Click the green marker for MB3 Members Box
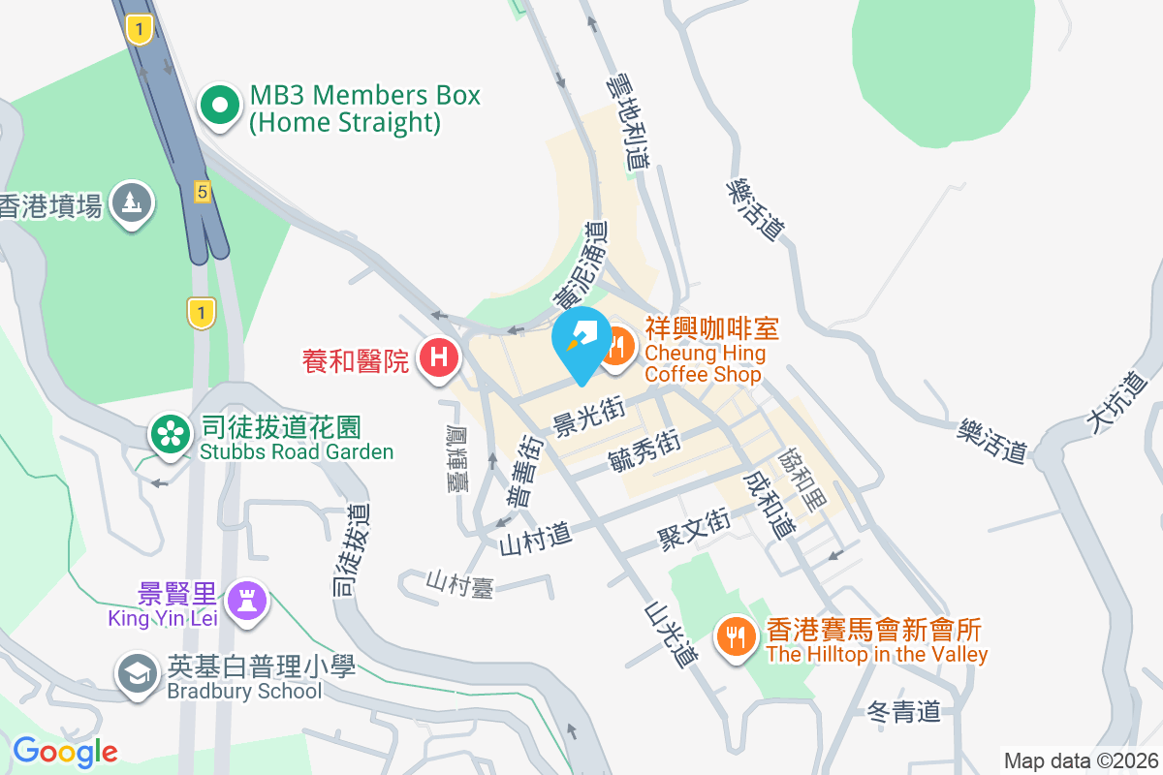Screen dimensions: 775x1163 point(220,106)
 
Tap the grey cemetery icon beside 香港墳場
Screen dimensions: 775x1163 point(132,204)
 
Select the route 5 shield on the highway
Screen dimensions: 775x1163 point(202,191)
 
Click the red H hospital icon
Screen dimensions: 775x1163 point(439,357)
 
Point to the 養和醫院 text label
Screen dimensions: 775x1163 point(356,361)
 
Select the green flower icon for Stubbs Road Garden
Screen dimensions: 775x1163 point(171,434)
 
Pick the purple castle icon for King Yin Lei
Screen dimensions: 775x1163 point(246,603)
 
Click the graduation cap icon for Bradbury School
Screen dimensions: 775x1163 point(137,674)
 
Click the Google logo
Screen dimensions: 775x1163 point(65,751)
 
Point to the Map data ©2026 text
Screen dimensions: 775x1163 point(1081,761)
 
